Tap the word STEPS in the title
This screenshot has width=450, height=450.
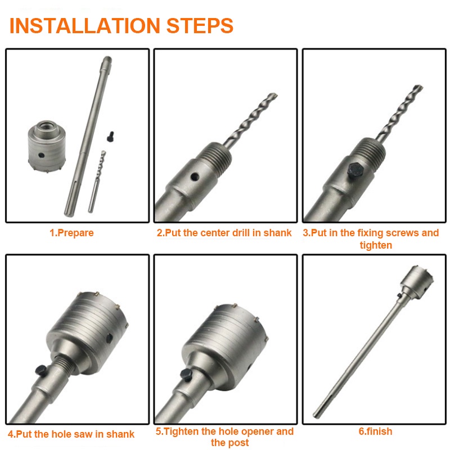pyautogui.click(x=200, y=26)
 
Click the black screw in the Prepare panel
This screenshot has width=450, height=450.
pyautogui.click(x=110, y=137)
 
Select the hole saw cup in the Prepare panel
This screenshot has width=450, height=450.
pyautogui.click(x=47, y=146)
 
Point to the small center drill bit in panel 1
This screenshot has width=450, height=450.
pyautogui.click(x=97, y=181)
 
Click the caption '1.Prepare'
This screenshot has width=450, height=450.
pyautogui.click(x=71, y=233)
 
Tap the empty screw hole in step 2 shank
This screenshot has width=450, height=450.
pyautogui.click(x=195, y=177)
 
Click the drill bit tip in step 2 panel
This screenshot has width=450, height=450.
pyautogui.click(x=274, y=95)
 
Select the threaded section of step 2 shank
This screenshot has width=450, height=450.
pyautogui.click(x=217, y=157)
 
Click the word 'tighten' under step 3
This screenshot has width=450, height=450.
pyautogui.click(x=376, y=245)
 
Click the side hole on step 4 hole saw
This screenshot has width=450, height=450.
pyautogui.click(x=109, y=339)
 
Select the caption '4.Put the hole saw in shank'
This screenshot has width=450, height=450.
pyautogui.click(x=71, y=434)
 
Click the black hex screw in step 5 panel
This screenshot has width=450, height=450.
pyautogui.click(x=186, y=375)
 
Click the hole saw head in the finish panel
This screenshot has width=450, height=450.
pyautogui.click(x=417, y=281)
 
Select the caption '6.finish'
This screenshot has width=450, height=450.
pyautogui.click(x=375, y=431)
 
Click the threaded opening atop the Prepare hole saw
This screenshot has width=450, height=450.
pyautogui.click(x=47, y=125)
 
